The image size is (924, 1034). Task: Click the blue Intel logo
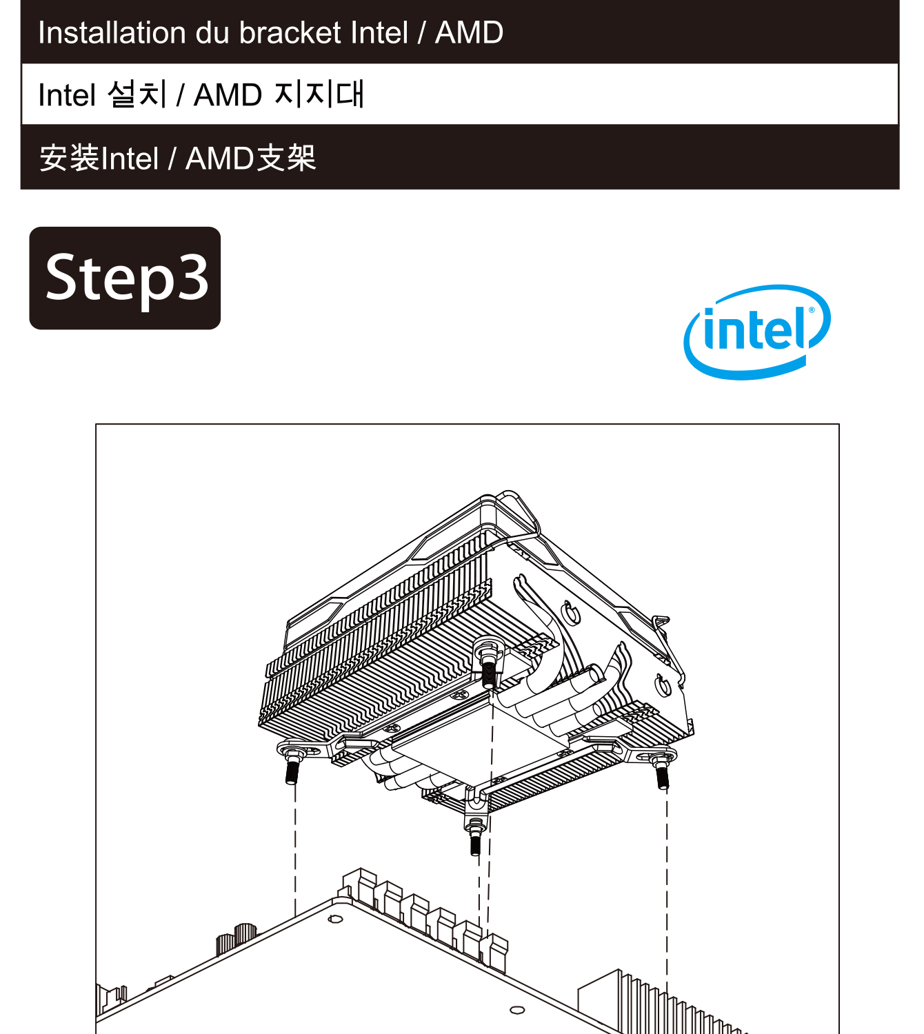[756, 332]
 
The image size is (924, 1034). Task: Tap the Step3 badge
[125, 278]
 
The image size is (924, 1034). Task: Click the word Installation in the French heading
[112, 33]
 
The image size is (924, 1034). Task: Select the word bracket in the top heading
[290, 33]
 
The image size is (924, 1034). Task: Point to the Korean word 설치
[137, 94]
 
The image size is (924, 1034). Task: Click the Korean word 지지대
[319, 94]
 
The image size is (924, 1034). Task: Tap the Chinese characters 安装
[70, 158]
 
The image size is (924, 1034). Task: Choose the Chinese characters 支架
[286, 158]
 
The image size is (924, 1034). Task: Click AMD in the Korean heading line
[228, 95]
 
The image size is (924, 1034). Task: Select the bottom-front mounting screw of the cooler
[475, 836]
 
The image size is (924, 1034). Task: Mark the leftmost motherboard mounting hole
[335, 919]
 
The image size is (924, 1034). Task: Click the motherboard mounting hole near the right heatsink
[517, 1010]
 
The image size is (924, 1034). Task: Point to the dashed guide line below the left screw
[295, 850]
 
